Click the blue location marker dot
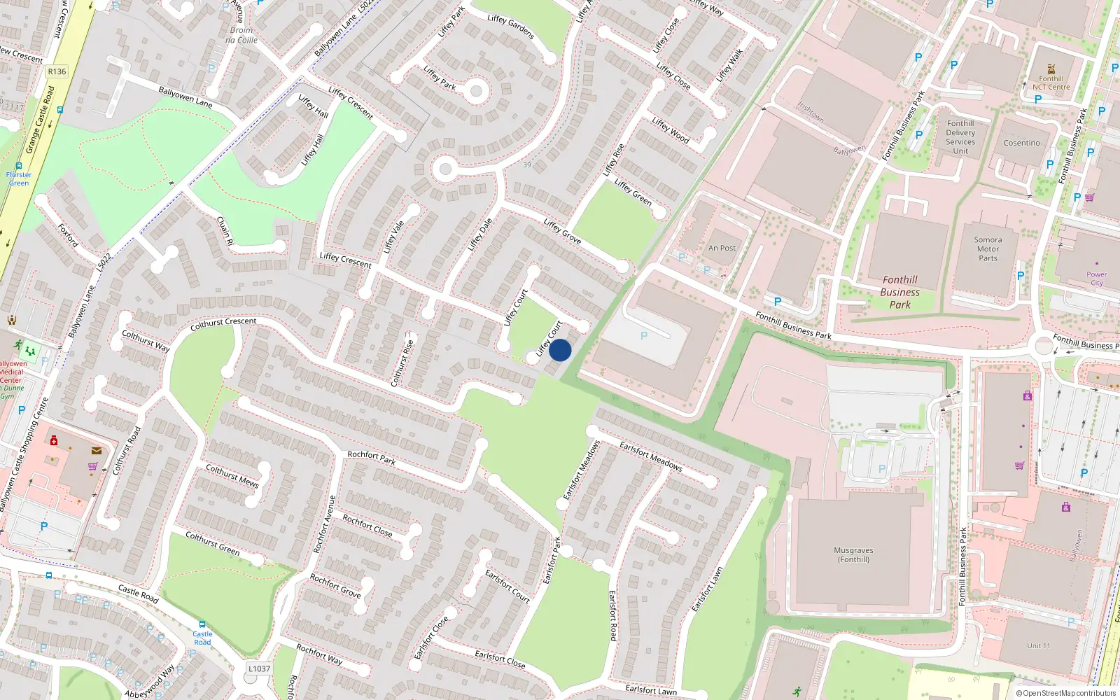pos(560,350)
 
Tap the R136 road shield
pos(57,71)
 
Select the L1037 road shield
pos(259,668)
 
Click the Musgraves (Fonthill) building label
pos(853,554)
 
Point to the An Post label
pos(722,248)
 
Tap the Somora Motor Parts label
pos(988,248)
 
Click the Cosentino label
pos(1021,143)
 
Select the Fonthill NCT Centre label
pos(1051,83)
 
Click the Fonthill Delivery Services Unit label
pos(960,137)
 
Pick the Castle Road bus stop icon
pos(202,624)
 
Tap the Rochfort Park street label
pos(371,458)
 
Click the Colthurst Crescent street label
pos(223,323)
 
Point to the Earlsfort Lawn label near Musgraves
pos(707,589)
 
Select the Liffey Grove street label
pos(562,231)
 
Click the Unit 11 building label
pos(1039,645)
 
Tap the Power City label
pos(1096,279)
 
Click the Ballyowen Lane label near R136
pos(185,97)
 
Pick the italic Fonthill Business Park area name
pos(899,292)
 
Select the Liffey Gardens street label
pos(510,27)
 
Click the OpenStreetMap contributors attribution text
pos(1066,693)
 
